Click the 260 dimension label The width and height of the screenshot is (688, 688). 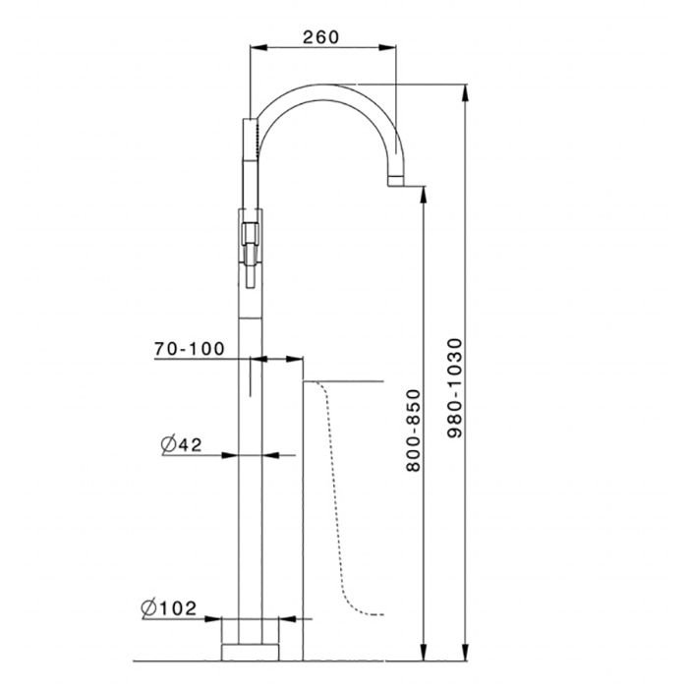pyautogui.click(x=320, y=37)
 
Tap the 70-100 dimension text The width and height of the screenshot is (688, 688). pyautogui.click(x=189, y=349)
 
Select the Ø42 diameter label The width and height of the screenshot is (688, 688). pyautogui.click(x=181, y=444)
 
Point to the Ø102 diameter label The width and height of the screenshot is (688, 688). pyautogui.click(x=169, y=608)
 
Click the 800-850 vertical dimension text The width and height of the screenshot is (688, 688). pyautogui.click(x=414, y=430)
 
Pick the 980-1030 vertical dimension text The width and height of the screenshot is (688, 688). pyautogui.click(x=455, y=388)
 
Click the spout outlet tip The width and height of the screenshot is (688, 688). pyautogui.click(x=395, y=180)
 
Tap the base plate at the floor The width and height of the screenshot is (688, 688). pyautogui.click(x=250, y=652)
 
